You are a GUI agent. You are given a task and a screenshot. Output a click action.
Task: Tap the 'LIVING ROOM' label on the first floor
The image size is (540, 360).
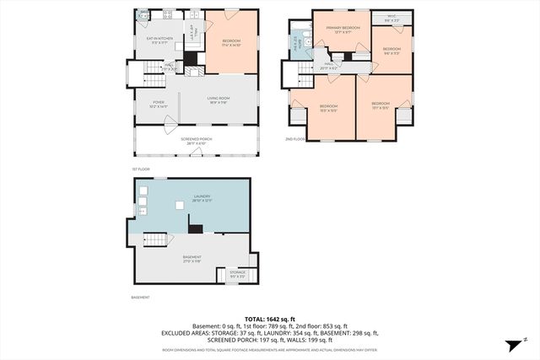tap(219, 99)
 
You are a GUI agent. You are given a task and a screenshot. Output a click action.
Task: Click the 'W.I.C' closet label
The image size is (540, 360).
tap(391, 17)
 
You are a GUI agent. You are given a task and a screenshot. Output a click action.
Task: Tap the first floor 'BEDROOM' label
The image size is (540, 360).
tap(231, 41)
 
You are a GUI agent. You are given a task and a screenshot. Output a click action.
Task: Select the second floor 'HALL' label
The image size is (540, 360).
tap(329, 64)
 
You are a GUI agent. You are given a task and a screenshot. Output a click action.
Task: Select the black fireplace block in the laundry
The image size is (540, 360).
tap(196, 228)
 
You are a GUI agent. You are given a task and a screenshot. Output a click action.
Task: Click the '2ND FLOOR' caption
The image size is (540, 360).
tap(294, 139)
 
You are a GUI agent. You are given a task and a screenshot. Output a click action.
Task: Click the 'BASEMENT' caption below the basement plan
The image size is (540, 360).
tap(140, 297)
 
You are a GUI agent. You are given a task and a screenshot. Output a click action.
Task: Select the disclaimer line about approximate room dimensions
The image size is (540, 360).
tap(270, 349)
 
